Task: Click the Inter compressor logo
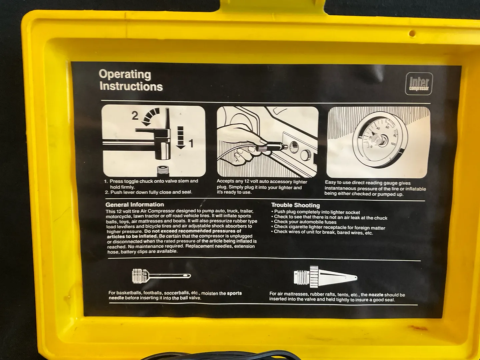[x=419, y=84]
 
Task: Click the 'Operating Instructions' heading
[x=131, y=80]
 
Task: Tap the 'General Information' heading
[x=135, y=205]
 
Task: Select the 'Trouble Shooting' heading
[x=295, y=205]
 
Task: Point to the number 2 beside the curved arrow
[x=135, y=116]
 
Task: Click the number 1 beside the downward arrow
[x=191, y=144]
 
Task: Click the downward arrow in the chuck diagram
[x=180, y=137]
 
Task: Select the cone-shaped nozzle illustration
[x=325, y=277]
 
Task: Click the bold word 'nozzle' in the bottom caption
[x=376, y=295]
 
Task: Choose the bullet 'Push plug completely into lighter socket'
[x=316, y=212]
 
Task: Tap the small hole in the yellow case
[x=412, y=33]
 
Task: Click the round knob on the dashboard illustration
[x=306, y=155]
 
